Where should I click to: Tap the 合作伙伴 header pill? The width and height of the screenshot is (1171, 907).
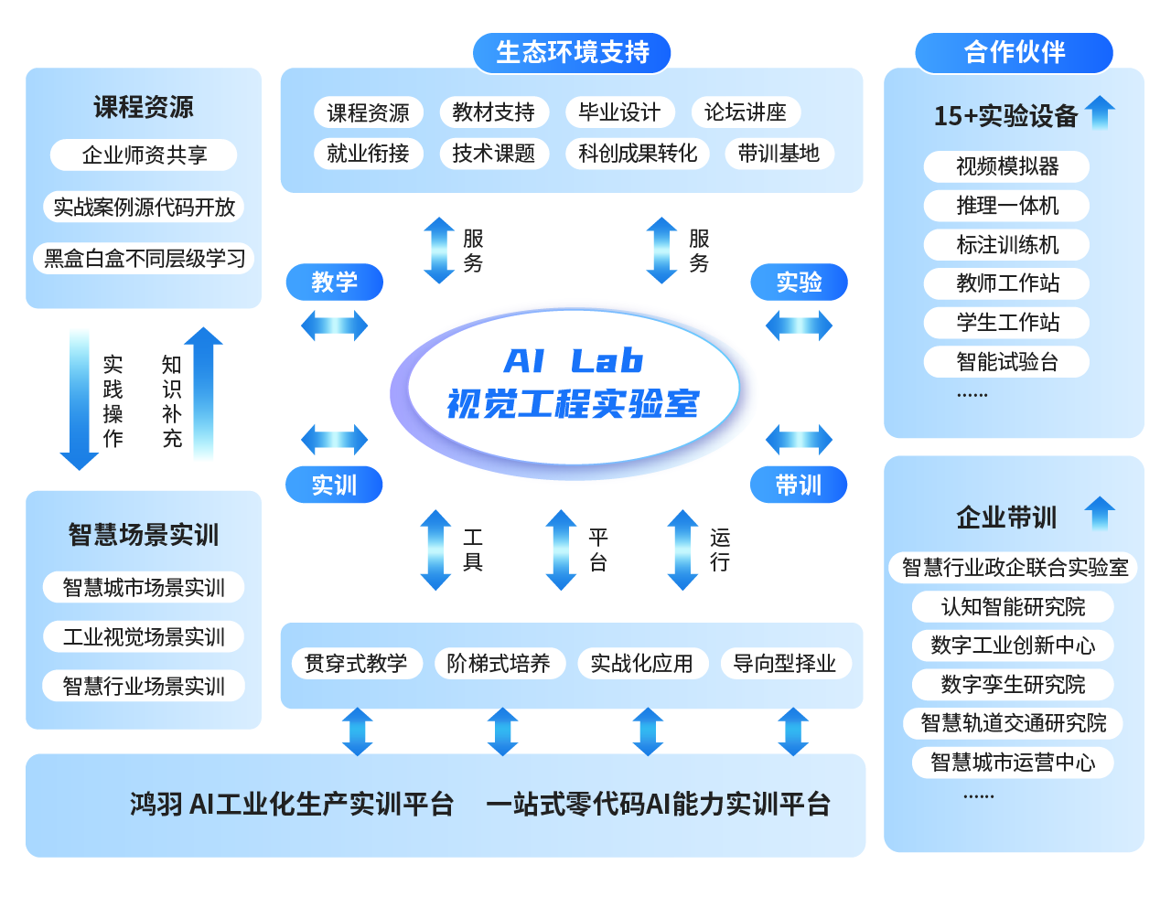point(1014,53)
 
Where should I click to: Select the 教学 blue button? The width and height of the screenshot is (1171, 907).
point(334,282)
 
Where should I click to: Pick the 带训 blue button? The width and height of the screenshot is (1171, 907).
point(798,485)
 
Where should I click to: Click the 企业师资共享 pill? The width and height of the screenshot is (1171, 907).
point(144,155)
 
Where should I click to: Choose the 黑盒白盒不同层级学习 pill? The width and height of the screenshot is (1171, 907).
point(144,259)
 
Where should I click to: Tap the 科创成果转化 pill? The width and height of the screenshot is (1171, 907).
point(637,154)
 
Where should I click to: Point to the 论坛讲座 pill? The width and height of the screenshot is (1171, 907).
point(746,112)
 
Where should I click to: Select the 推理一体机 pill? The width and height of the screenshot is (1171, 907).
point(1006,206)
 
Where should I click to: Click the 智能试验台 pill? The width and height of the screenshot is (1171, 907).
point(1006,361)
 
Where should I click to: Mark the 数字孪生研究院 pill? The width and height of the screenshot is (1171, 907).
point(1013,685)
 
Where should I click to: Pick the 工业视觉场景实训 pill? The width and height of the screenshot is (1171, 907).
point(144,636)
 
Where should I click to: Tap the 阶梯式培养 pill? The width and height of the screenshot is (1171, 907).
point(500,663)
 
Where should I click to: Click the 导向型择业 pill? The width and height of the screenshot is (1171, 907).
point(786,663)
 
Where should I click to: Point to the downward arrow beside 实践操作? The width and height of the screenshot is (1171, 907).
point(80,399)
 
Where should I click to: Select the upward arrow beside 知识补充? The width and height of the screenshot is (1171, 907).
point(203,393)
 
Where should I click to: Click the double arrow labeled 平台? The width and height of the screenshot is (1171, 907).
point(561,550)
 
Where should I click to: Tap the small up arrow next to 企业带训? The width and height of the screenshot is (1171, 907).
point(1100,513)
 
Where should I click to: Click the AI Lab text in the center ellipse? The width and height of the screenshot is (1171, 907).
point(574,361)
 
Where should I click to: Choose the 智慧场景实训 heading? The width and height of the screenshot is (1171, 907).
point(144,535)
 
